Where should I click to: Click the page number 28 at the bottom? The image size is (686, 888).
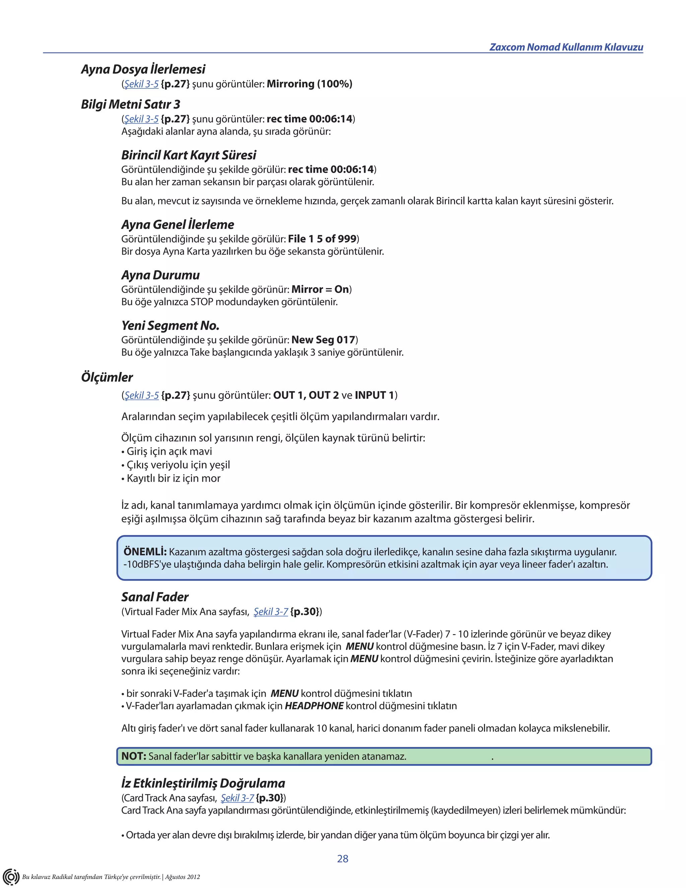pyautogui.click(x=343, y=858)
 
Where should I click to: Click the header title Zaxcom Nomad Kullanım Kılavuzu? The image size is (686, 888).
pyautogui.click(x=566, y=47)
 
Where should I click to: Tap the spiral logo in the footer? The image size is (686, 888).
pyautogui.click(x=11, y=876)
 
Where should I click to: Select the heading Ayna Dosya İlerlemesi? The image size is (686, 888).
pyautogui.click(x=143, y=69)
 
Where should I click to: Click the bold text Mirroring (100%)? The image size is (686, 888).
pyautogui.click(x=309, y=84)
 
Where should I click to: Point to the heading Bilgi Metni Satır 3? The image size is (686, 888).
pyautogui.click(x=130, y=105)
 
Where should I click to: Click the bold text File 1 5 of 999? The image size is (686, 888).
pyautogui.click(x=322, y=239)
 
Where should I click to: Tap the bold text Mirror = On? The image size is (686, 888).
pyautogui.click(x=320, y=289)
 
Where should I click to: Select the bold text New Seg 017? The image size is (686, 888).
pyautogui.click(x=323, y=339)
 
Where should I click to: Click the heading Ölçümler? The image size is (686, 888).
pyautogui.click(x=107, y=377)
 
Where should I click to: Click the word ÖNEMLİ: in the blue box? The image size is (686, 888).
pyautogui.click(x=145, y=552)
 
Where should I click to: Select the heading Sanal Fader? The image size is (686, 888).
pyautogui.click(x=155, y=597)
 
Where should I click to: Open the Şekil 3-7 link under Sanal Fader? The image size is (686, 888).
pyautogui.click(x=271, y=612)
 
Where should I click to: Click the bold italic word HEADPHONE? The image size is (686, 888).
pyautogui.click(x=314, y=706)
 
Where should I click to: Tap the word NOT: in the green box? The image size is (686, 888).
pyautogui.click(x=134, y=756)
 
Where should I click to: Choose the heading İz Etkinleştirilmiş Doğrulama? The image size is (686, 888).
pyautogui.click(x=203, y=783)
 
